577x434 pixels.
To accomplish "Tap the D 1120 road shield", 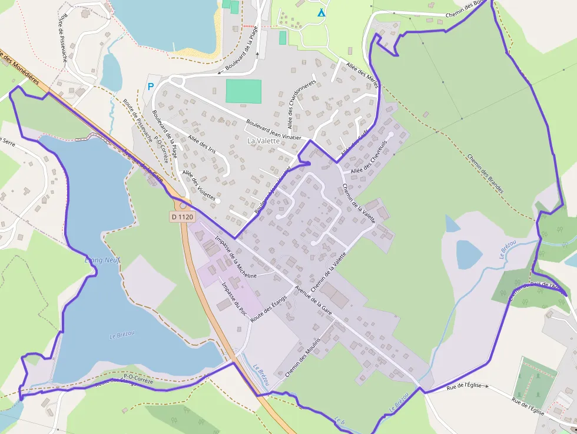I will pos(183,217).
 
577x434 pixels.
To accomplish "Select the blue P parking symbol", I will pos(151,87).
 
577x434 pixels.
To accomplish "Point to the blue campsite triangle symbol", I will pos(321,12).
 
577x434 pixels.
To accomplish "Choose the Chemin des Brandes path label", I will pos(486,174).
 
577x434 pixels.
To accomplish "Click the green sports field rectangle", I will pos(243,91).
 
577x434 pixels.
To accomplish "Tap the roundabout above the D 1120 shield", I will pos(183,204).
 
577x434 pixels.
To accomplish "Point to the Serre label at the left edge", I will pos(8,141).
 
